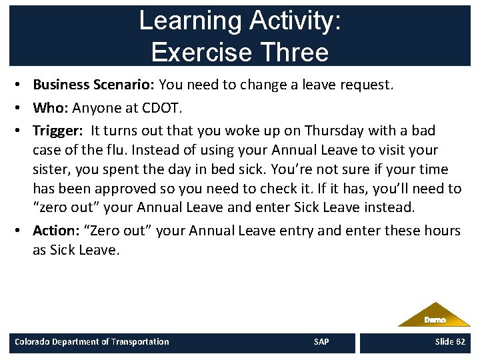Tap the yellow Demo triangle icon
[x=434, y=316]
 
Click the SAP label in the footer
[x=321, y=342]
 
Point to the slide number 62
[x=459, y=342]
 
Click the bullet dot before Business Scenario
[x=23, y=85]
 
